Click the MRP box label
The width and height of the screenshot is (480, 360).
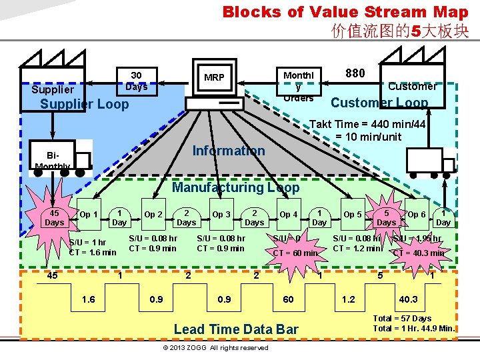pyautogui.click(x=214, y=78)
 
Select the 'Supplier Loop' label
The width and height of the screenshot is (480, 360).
pyautogui.click(x=84, y=104)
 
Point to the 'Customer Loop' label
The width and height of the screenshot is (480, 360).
pyautogui.click(x=379, y=102)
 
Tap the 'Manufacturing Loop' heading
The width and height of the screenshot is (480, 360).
pyautogui.click(x=235, y=187)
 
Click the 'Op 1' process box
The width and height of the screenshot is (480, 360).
pyautogui.click(x=89, y=214)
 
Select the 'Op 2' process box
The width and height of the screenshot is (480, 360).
pyautogui.click(x=153, y=214)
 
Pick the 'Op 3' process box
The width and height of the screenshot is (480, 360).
pyautogui.click(x=221, y=214)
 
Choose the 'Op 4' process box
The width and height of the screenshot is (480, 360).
pyautogui.click(x=289, y=214)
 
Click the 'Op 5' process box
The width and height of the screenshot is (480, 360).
pyautogui.click(x=353, y=214)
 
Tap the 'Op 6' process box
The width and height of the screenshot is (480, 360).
pyautogui.click(x=417, y=214)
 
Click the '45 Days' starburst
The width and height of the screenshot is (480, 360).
pyautogui.click(x=54, y=217)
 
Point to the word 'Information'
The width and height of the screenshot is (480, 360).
pyautogui.click(x=229, y=151)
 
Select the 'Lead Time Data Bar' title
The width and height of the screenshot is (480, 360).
pyautogui.click(x=235, y=329)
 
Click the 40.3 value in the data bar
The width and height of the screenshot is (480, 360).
pyautogui.click(x=408, y=299)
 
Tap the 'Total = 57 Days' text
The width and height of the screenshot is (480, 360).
pyautogui.click(x=402, y=318)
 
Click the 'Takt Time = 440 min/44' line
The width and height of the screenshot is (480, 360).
pyautogui.click(x=368, y=124)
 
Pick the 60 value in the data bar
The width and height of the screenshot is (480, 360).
pyautogui.click(x=289, y=299)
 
